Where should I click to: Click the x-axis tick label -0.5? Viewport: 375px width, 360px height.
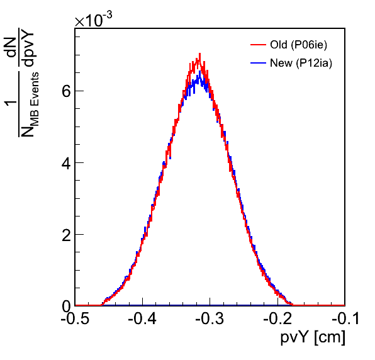tap(75, 318)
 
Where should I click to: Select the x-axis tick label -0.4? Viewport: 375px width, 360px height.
tap(143, 318)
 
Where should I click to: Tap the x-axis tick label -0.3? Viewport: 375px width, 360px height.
tap(210, 318)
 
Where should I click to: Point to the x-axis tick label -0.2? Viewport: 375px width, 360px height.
tap(277, 318)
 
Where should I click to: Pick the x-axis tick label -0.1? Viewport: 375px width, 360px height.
tap(345, 318)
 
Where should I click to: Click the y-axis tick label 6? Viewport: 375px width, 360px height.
tap(66, 91)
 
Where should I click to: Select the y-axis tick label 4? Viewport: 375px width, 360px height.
tap(66, 163)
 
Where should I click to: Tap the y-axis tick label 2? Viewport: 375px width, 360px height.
tap(66, 235)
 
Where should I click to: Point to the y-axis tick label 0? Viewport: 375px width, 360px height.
tap(66, 306)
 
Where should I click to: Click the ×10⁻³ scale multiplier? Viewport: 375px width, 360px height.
tap(94, 20)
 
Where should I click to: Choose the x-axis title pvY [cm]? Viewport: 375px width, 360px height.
tap(313, 338)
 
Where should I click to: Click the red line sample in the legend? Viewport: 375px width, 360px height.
tap(259, 45)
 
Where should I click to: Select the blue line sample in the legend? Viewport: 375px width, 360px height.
tap(259, 63)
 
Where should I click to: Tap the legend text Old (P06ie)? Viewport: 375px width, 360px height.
tap(298, 45)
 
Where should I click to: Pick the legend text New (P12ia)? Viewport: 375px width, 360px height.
tap(301, 64)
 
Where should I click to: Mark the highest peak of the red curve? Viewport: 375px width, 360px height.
tap(199, 53)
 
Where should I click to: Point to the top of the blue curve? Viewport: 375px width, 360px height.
tap(200, 71)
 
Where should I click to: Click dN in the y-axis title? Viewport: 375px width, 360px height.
tap(11, 48)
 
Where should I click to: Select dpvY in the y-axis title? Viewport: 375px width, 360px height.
tap(28, 47)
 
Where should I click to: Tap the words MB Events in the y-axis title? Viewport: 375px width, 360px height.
tap(35, 99)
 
